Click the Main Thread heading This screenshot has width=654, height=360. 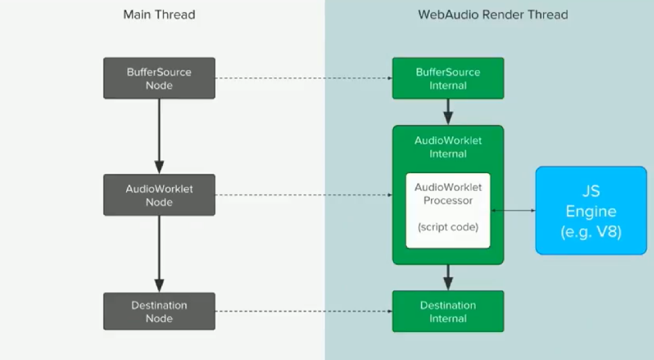click(159, 14)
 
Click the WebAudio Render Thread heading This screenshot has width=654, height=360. click(492, 14)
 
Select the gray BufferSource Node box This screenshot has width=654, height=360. click(159, 78)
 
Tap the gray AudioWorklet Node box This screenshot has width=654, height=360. click(159, 195)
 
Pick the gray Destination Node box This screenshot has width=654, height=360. click(159, 311)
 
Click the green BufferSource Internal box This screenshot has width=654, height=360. click(448, 78)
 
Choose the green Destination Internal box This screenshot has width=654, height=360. click(448, 311)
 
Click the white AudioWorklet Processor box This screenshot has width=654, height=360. click(448, 210)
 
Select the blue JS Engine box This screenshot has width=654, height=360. click(591, 211)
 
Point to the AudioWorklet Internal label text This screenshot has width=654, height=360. click(448, 147)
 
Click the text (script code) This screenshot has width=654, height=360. click(448, 227)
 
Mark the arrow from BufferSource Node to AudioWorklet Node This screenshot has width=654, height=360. click(159, 137)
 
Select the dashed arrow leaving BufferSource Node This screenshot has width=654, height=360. click(303, 79)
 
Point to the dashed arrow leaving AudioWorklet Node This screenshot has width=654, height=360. click(303, 195)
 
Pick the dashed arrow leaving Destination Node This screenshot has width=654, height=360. click(303, 311)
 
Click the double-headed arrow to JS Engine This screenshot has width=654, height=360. click(513, 210)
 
